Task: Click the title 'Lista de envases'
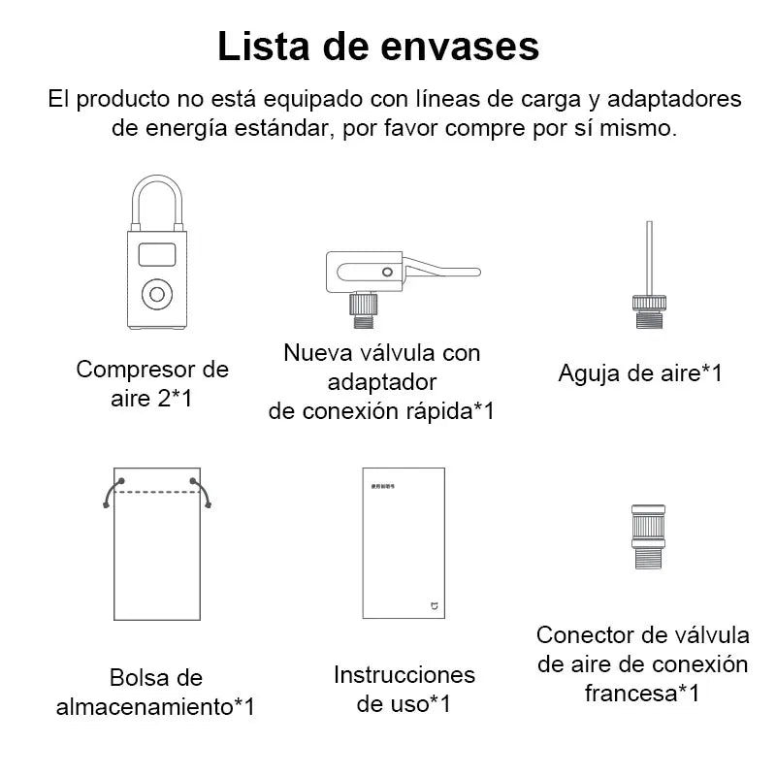coord(377,46)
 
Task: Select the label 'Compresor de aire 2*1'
coord(152,382)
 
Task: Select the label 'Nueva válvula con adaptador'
coord(381,367)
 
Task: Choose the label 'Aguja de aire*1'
coord(640,373)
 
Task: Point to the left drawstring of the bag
coord(111,492)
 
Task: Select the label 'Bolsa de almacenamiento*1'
coord(155,692)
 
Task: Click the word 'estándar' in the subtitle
coord(270,129)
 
